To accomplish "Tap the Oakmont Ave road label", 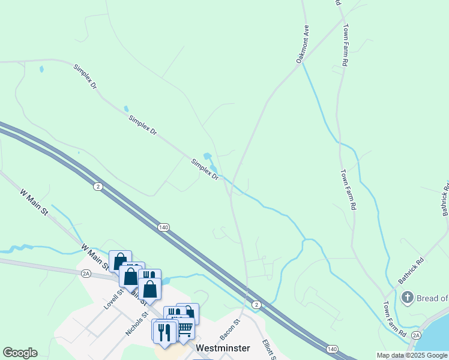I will click(x=302, y=44).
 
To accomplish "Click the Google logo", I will click(x=20, y=353).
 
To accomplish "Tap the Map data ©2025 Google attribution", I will click(x=412, y=356).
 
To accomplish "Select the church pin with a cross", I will click(x=408, y=298).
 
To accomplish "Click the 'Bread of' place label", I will click(x=433, y=298).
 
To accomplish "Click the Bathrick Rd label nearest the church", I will click(x=411, y=271).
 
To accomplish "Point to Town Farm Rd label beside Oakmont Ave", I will click(x=345, y=45).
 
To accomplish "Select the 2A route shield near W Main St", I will click(x=86, y=273).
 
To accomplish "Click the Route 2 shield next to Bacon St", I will click(x=256, y=305).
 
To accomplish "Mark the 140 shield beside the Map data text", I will click(x=332, y=349).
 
